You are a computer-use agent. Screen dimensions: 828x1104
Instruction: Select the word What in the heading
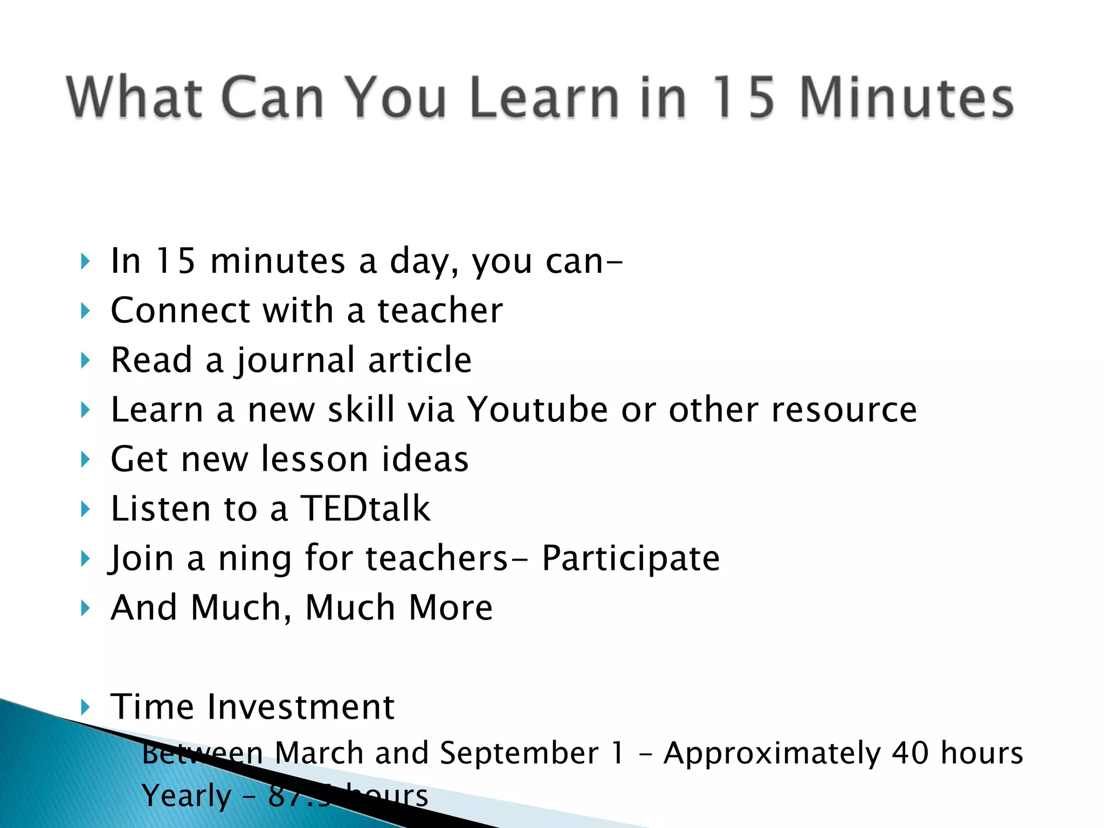click(134, 98)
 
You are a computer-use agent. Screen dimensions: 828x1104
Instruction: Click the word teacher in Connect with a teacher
click(440, 311)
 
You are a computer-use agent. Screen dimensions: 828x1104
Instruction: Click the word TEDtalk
click(365, 509)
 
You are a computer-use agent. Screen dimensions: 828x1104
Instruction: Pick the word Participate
click(630, 559)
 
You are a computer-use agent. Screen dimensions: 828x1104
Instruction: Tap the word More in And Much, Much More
click(451, 608)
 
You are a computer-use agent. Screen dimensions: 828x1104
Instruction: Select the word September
click(519, 753)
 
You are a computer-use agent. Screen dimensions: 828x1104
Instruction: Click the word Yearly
click(187, 796)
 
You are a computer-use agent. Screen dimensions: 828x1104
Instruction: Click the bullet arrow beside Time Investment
click(85, 707)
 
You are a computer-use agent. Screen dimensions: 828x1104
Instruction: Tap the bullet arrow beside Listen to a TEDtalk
click(85, 509)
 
